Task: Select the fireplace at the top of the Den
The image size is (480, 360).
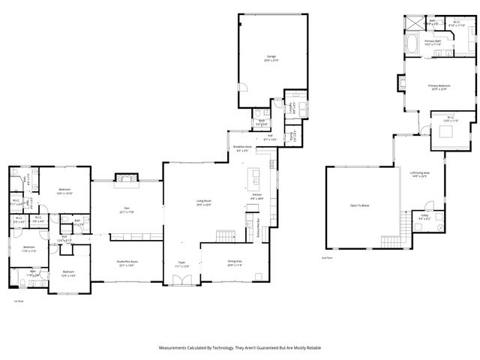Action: [124, 178]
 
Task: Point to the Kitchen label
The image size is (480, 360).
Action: [256, 195]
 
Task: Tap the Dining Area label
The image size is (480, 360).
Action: [235, 262]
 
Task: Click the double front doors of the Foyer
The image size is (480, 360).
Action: [179, 280]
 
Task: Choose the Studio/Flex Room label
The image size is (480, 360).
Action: [124, 262]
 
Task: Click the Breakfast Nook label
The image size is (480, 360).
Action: [242, 148]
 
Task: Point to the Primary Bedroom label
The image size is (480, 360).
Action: [437, 87]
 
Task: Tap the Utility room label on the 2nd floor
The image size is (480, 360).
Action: [424, 217]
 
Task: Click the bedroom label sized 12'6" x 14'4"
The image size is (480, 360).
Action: [68, 272]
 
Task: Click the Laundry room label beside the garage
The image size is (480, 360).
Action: [292, 107]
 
